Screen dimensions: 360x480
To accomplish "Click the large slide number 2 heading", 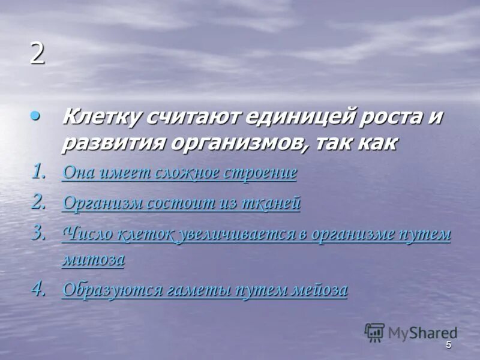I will coord(37,55).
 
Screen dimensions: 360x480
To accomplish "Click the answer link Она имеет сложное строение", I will coord(179,173).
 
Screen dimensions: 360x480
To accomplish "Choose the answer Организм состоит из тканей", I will coord(181,203).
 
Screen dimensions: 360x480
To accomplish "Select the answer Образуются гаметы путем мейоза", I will coord(205,290).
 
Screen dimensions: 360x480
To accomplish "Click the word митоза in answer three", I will coord(93,259).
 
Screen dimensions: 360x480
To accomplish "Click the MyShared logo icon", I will coord(374,332).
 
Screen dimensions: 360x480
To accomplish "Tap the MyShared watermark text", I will coord(422,332).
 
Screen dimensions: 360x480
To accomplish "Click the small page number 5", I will coord(448,346).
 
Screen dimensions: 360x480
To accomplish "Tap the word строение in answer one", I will coord(260,173).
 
